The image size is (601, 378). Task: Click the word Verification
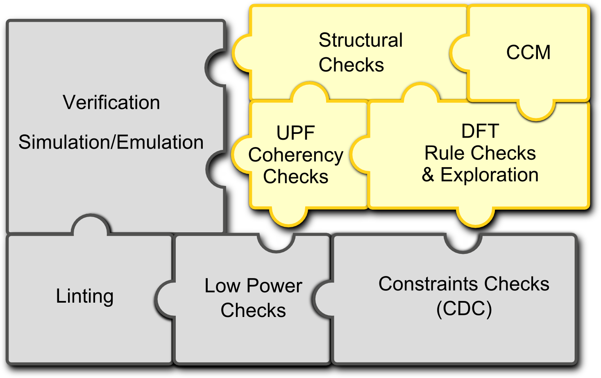(111, 102)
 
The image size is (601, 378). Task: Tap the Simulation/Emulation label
(111, 142)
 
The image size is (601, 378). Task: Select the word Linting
(84, 297)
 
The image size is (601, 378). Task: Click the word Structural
(361, 40)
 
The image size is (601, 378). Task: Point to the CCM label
(528, 52)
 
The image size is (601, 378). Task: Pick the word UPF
(295, 133)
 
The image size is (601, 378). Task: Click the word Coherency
(296, 156)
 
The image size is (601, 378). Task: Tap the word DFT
(480, 131)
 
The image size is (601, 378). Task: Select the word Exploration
(490, 175)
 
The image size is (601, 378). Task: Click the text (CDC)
(464, 309)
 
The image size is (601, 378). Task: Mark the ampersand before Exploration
(428, 175)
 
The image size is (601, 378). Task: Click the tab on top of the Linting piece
(91, 224)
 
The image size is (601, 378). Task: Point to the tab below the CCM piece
(536, 110)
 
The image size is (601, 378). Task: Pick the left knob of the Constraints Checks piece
(323, 299)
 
